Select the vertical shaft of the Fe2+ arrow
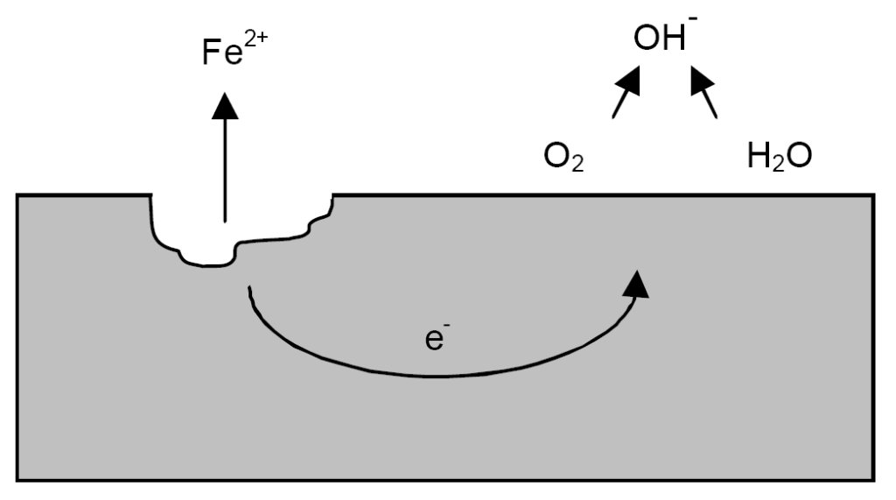pos(225,166)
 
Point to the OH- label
pos(661,39)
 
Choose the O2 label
pos(563,158)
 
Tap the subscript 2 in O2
pos(577,165)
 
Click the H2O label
pos(780,158)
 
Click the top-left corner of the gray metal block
pos(18,195)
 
